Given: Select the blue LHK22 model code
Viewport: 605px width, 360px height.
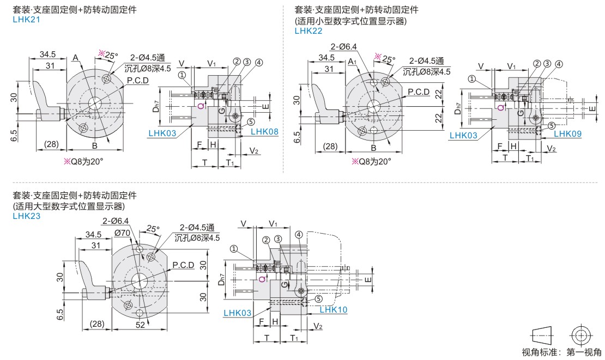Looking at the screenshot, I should click(308, 30).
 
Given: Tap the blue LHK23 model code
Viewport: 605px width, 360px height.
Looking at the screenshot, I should click(26, 216).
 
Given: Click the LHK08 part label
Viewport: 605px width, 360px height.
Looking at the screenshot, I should click(264, 132).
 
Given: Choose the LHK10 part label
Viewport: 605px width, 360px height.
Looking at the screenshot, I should click(333, 309).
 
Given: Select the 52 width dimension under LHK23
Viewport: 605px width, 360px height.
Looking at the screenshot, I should click(140, 324).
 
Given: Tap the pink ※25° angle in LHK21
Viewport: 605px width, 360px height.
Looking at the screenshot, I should click(107, 54).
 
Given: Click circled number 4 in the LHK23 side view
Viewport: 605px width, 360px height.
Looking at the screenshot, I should click(298, 235).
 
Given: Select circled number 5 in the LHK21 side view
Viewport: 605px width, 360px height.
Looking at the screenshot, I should click(251, 122).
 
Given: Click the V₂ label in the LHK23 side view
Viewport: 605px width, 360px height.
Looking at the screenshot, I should click(318, 326).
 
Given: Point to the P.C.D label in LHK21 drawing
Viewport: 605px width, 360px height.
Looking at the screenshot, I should click(138, 81).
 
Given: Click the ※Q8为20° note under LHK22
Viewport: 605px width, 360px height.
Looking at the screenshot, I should click(372, 161).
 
